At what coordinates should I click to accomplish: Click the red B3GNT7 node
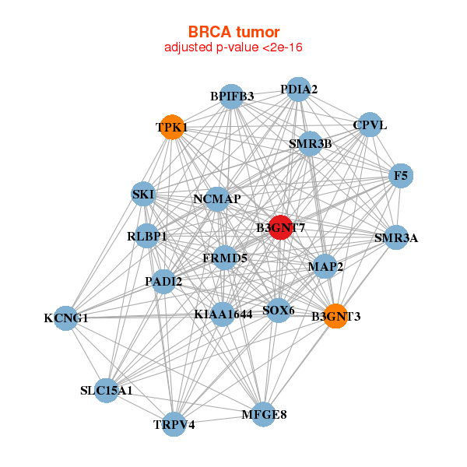click(x=280, y=227)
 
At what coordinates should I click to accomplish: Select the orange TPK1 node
click(x=172, y=127)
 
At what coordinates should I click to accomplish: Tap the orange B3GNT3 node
click(x=335, y=316)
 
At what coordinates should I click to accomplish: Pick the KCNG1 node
click(x=66, y=318)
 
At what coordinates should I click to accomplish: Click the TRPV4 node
click(x=174, y=424)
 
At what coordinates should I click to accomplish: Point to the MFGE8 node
click(x=264, y=414)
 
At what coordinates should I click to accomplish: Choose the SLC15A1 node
click(x=107, y=391)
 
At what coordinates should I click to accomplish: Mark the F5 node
click(x=401, y=176)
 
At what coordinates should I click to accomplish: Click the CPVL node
click(x=370, y=125)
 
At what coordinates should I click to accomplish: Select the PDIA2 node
click(x=298, y=90)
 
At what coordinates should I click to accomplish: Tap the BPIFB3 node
click(x=231, y=97)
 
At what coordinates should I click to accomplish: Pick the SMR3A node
click(x=396, y=237)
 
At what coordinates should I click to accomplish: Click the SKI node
click(x=143, y=194)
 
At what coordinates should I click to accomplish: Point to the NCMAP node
click(x=217, y=199)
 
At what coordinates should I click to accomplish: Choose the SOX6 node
click(x=278, y=311)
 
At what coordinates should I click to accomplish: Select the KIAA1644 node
click(x=223, y=314)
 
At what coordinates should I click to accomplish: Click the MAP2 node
click(x=325, y=266)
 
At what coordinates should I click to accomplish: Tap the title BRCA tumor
click(x=233, y=32)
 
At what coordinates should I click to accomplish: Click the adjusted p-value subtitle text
click(x=233, y=47)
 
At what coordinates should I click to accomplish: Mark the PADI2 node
click(x=163, y=282)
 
